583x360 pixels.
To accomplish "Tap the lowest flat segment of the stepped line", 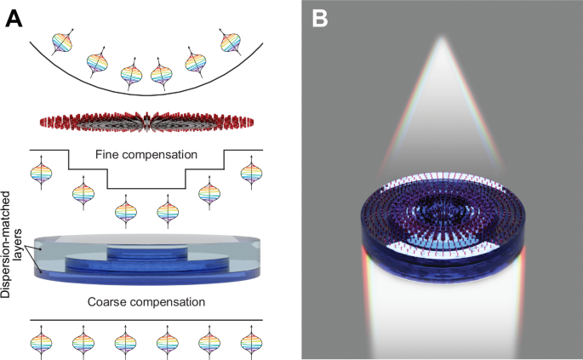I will tap(146, 189).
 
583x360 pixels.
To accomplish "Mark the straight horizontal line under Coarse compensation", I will tap(146, 320).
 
